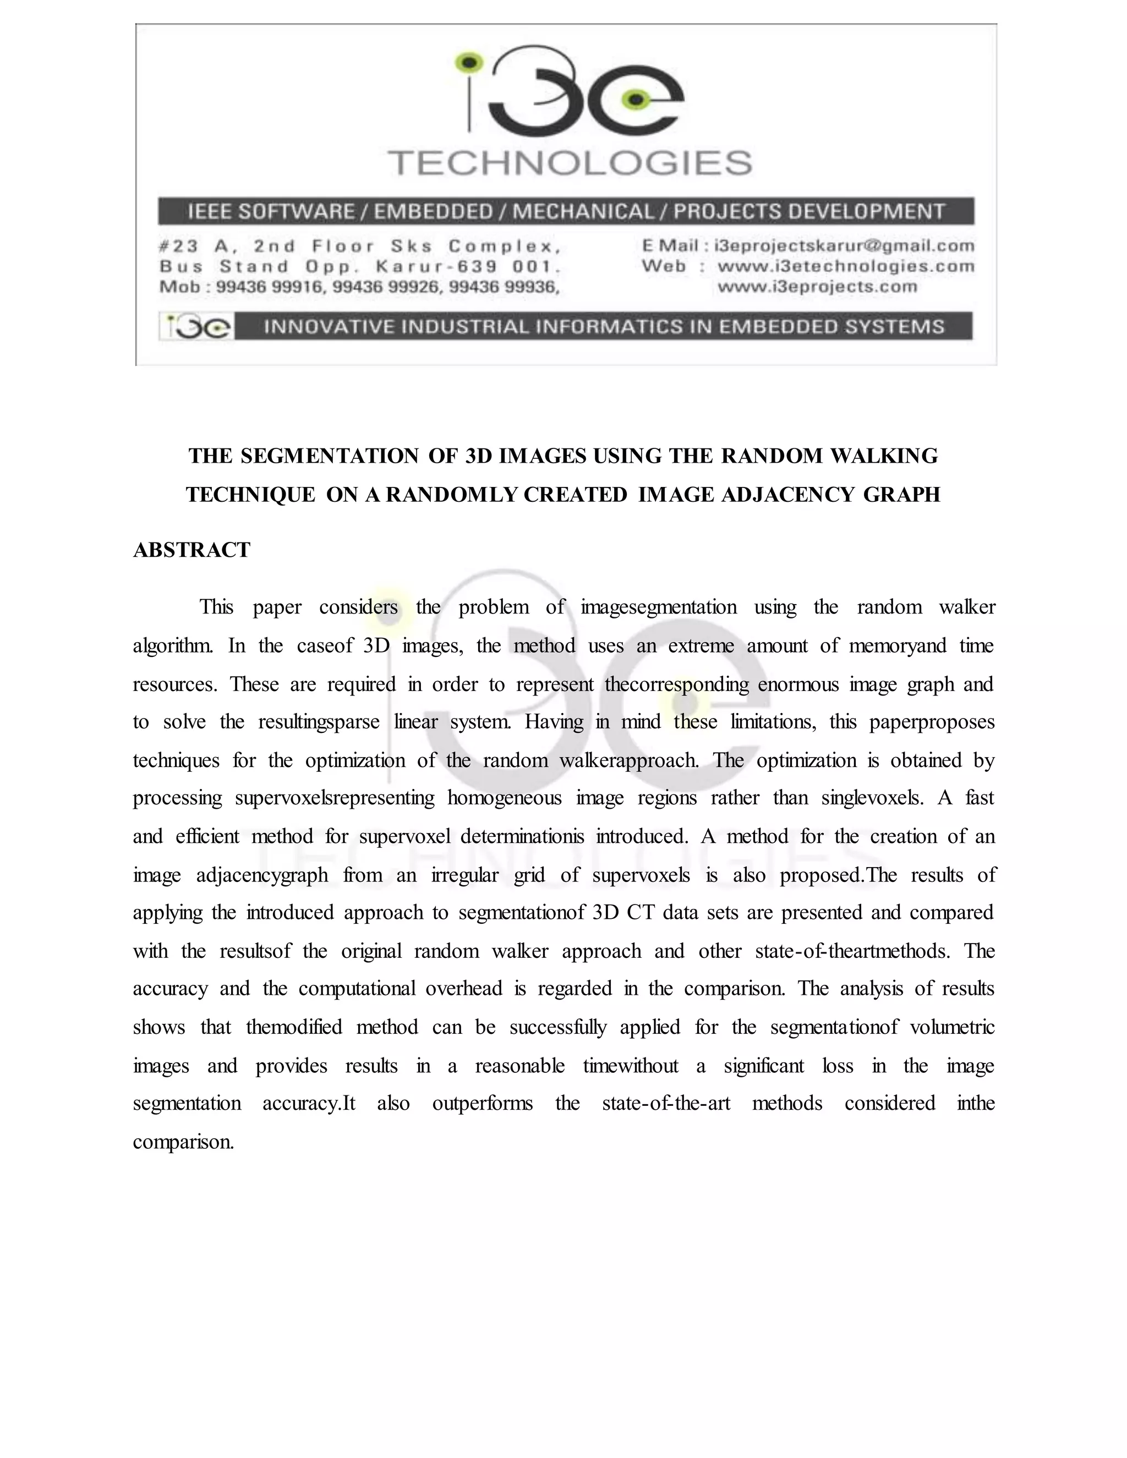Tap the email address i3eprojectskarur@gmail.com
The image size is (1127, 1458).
click(x=844, y=246)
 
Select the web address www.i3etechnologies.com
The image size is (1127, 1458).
click(x=845, y=266)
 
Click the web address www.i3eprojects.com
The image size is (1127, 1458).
click(x=817, y=287)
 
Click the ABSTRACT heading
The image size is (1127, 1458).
click(x=192, y=550)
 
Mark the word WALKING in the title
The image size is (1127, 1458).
click(x=883, y=456)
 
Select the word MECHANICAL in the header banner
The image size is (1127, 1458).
click(x=583, y=212)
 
